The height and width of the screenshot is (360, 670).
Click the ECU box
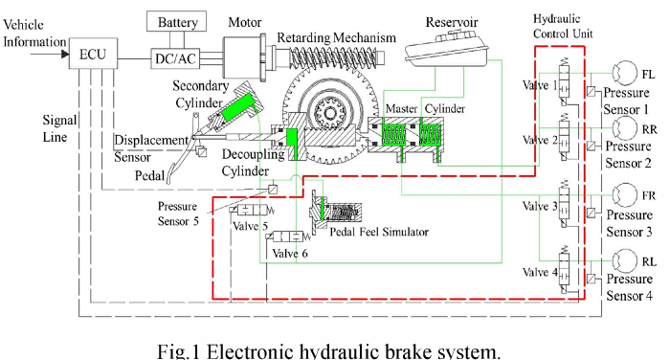click(93, 54)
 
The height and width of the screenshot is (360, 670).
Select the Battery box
click(176, 21)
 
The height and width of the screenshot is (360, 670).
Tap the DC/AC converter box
click(175, 58)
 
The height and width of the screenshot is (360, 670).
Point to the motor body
click(242, 57)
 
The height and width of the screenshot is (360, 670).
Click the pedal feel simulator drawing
click(336, 212)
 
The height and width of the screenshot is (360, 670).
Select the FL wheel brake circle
click(625, 73)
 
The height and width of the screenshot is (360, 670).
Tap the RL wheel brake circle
click(625, 260)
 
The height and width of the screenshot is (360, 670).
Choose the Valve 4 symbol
click(564, 270)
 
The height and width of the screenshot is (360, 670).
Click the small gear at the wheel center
click(330, 113)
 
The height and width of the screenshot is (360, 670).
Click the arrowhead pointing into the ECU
click(65, 54)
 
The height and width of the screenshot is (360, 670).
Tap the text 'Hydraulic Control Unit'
click(563, 26)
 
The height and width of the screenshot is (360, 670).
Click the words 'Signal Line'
click(59, 128)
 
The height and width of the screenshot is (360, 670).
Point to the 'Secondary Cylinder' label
click(200, 94)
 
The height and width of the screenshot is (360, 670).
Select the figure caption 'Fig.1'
click(179, 351)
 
